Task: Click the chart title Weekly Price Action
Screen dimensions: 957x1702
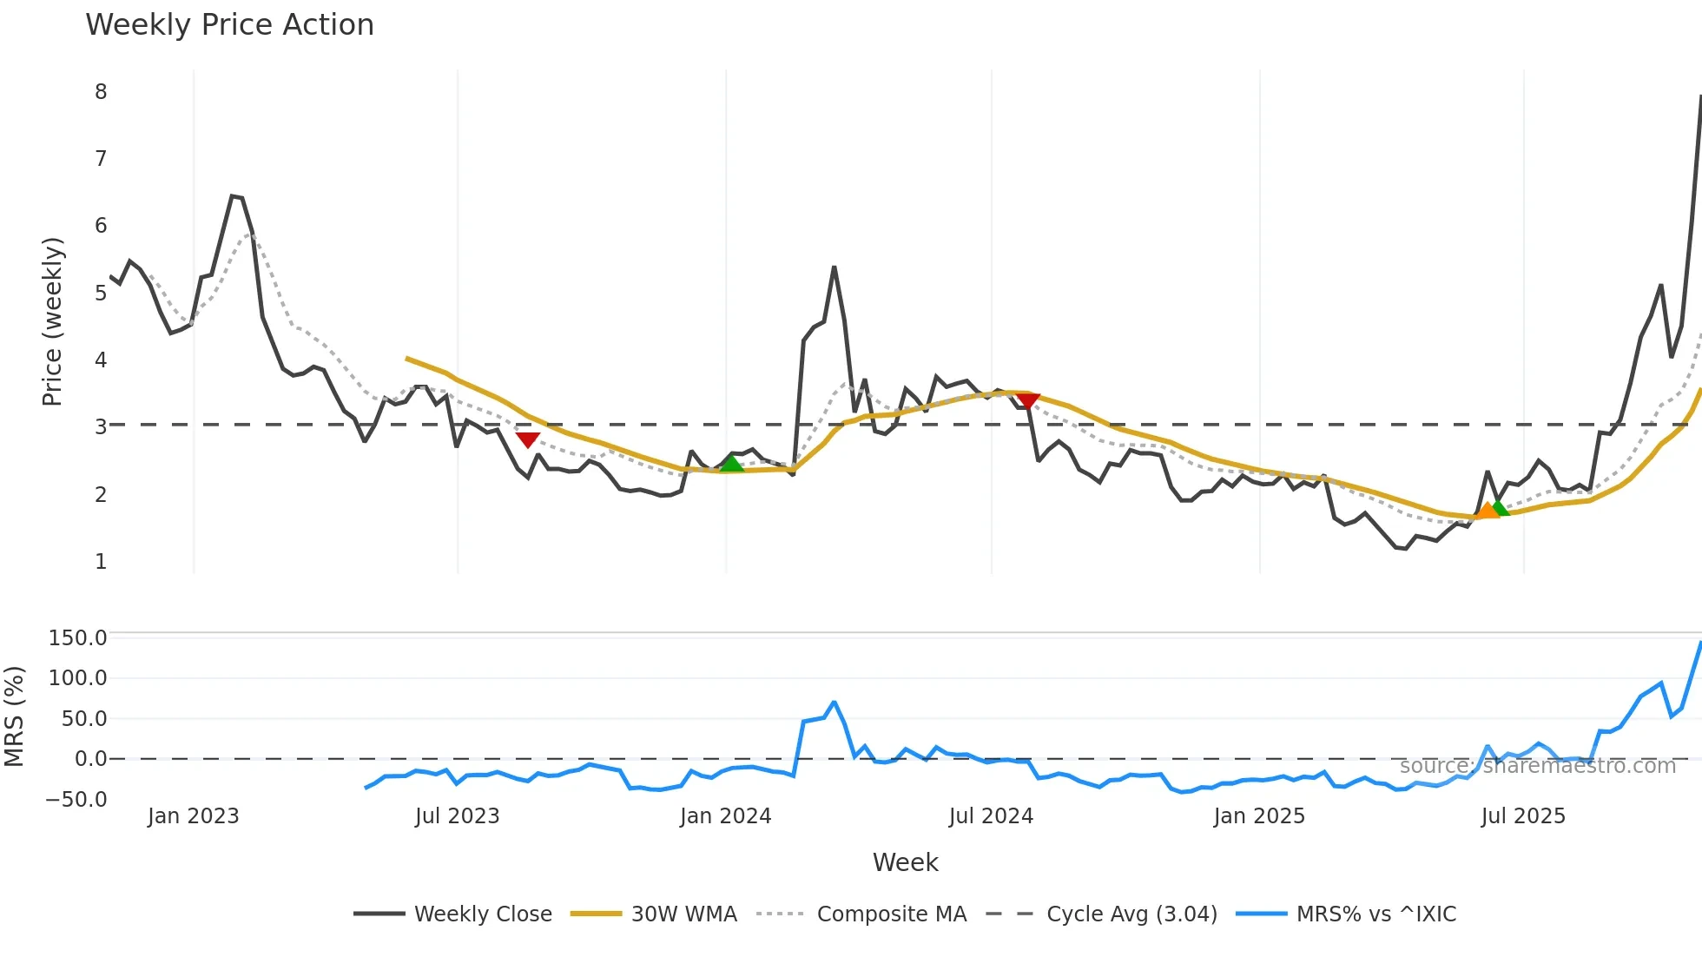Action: click(229, 25)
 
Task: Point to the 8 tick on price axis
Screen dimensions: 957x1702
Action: click(101, 92)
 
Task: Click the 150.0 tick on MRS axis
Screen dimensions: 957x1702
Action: click(77, 638)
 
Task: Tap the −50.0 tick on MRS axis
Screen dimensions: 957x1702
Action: click(76, 800)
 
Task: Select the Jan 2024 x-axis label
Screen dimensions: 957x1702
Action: click(725, 816)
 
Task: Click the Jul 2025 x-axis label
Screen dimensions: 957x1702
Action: click(1522, 816)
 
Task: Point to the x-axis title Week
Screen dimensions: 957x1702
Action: click(905, 862)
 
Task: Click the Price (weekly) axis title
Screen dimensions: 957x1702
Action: click(53, 321)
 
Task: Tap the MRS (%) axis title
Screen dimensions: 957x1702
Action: click(15, 716)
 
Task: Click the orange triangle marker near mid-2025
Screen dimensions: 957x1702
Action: click(1487, 510)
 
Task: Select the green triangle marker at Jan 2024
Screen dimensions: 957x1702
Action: click(732, 464)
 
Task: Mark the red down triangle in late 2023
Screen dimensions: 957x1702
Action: click(527, 439)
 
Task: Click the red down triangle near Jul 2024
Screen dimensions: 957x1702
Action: click(1027, 400)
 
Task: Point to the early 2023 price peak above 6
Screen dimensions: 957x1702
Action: click(233, 196)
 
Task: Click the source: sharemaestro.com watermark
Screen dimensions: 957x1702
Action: click(1537, 766)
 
